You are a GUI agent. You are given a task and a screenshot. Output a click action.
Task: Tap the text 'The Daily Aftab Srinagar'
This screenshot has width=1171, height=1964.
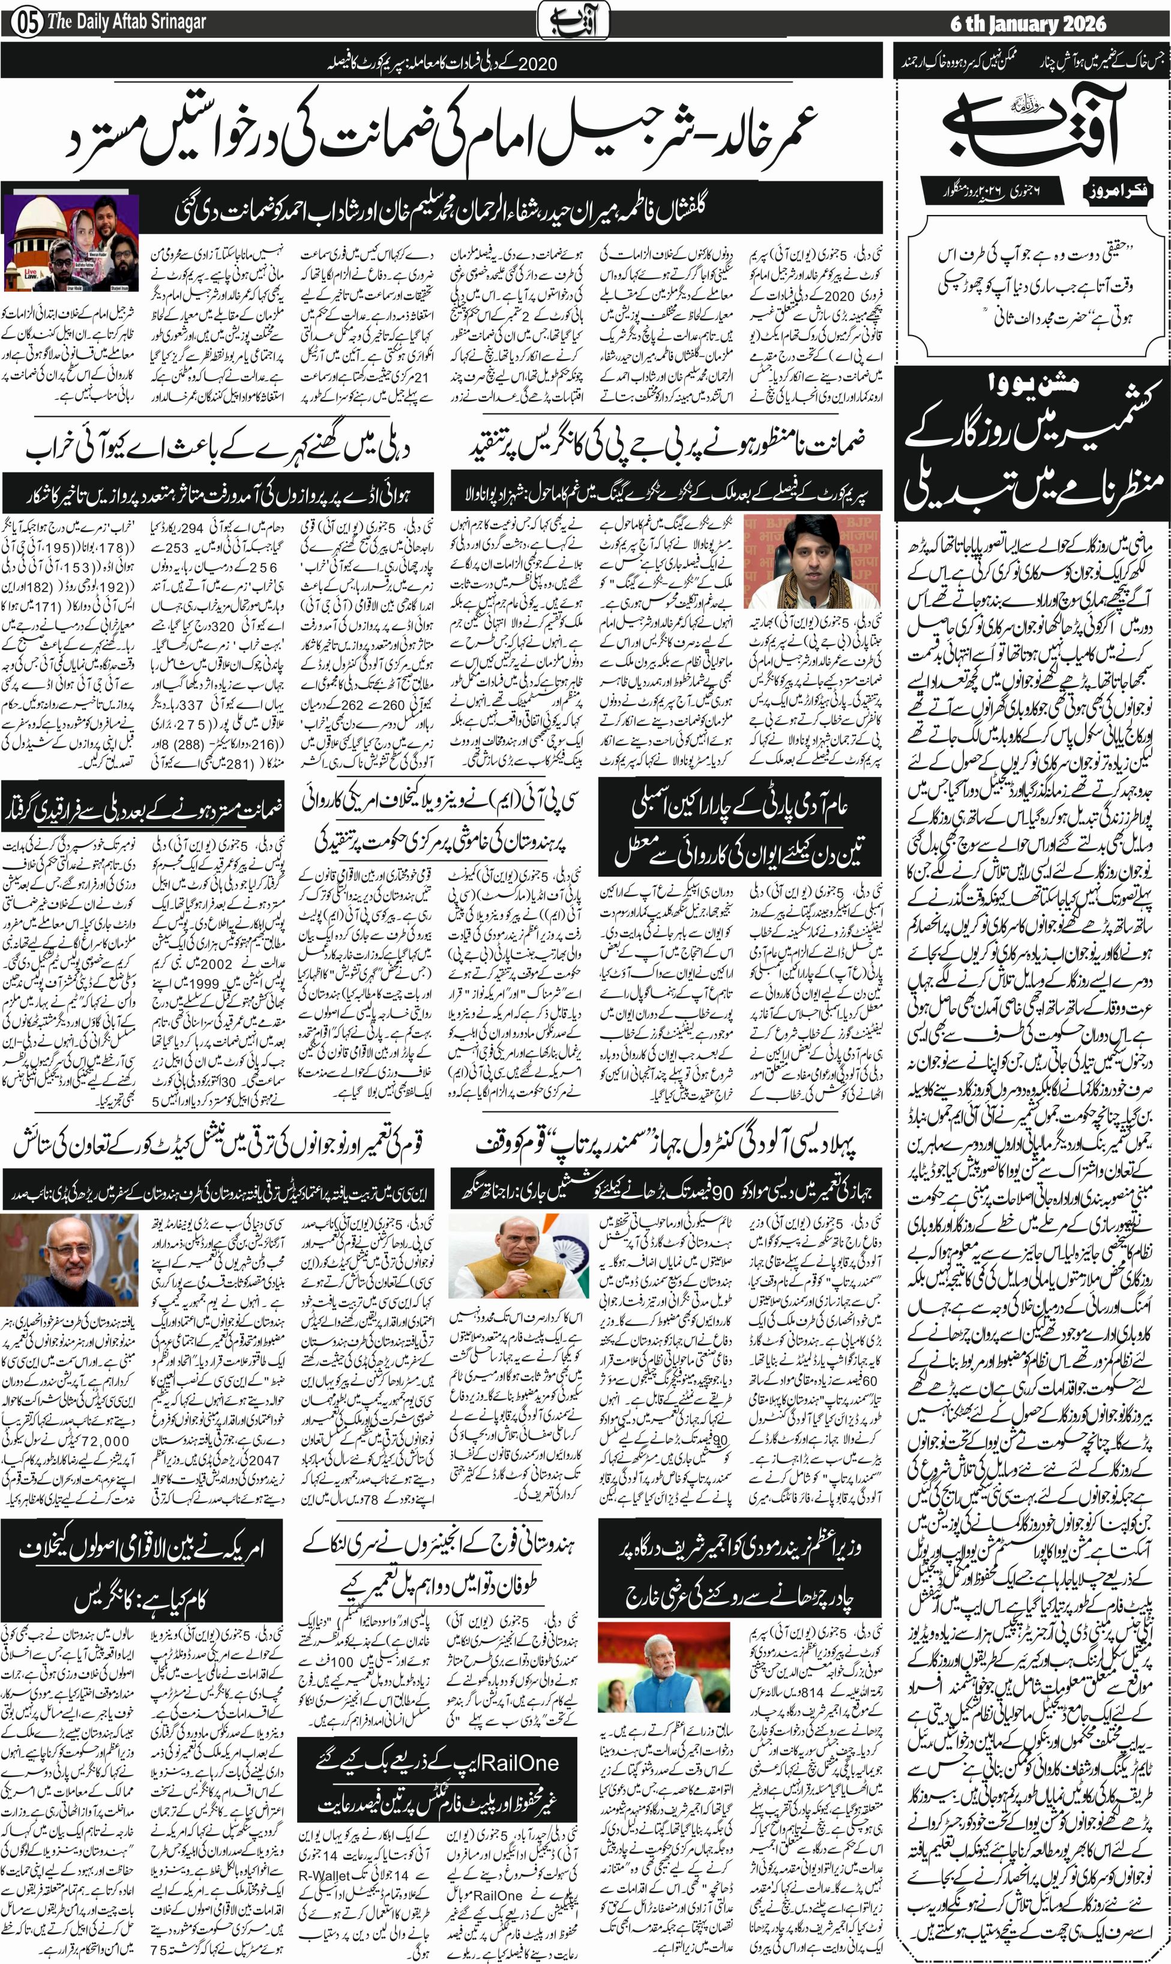126,22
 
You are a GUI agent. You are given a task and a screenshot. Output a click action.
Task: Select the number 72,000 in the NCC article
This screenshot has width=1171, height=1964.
96,1440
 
